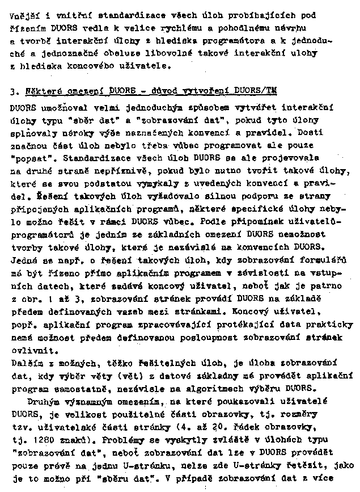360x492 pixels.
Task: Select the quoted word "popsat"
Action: tap(28, 156)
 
